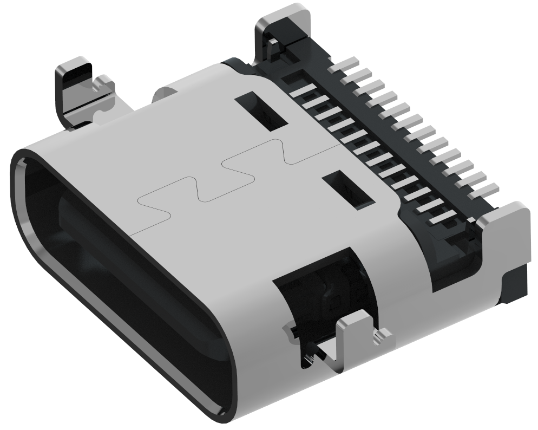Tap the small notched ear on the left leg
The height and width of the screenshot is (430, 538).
103,84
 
